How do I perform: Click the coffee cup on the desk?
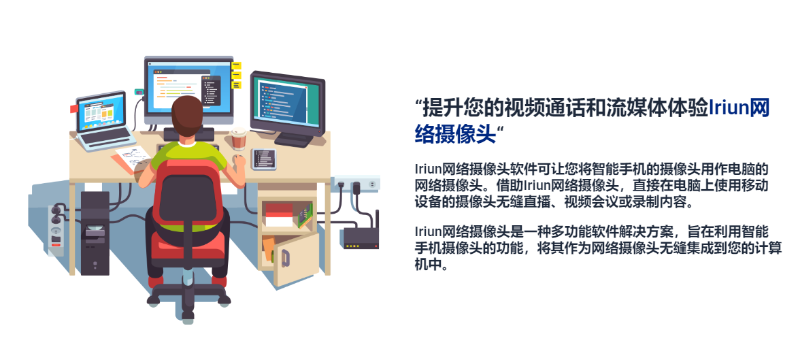[238, 140]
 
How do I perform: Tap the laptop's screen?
[101, 112]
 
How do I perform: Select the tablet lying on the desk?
[264, 159]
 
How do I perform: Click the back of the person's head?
[186, 116]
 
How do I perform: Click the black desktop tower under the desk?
[95, 232]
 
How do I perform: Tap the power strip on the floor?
[56, 230]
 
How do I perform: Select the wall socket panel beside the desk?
[356, 184]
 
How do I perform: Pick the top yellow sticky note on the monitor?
[236, 66]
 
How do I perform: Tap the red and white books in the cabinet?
[279, 215]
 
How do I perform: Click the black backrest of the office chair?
[186, 197]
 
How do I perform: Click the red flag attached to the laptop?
[74, 109]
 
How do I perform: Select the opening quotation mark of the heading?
[419, 103]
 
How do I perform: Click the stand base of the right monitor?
[294, 140]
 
